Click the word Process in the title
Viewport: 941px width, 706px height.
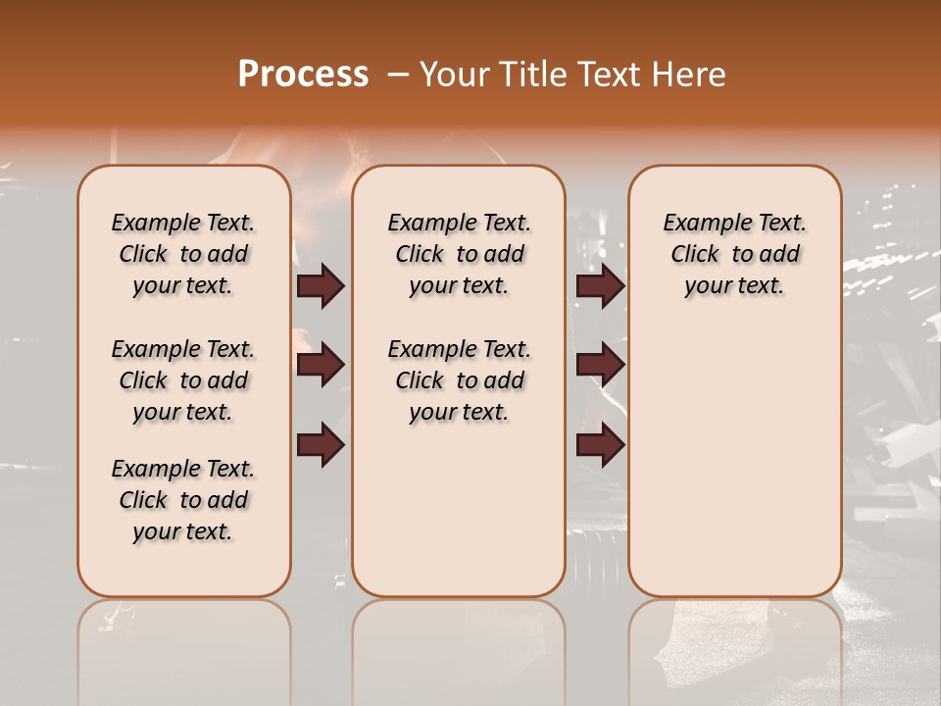tap(303, 75)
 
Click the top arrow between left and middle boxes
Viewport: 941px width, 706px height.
tap(321, 285)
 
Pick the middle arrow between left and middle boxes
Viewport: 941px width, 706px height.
tap(321, 366)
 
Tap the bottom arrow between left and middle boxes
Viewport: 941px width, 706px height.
tap(321, 445)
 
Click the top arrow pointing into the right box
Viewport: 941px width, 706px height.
tap(600, 285)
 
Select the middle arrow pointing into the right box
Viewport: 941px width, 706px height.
tap(600, 366)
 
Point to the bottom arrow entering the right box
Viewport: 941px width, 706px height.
tap(600, 445)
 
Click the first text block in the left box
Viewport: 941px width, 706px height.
tap(183, 254)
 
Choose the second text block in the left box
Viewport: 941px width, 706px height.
tap(183, 380)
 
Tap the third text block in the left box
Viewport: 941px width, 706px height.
tap(183, 500)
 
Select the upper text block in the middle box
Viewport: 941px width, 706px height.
tap(459, 254)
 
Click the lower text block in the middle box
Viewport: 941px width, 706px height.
tap(459, 380)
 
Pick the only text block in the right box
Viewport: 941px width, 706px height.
tap(735, 254)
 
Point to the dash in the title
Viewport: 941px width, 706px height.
tap(397, 75)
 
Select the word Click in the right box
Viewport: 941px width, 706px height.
tap(695, 255)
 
